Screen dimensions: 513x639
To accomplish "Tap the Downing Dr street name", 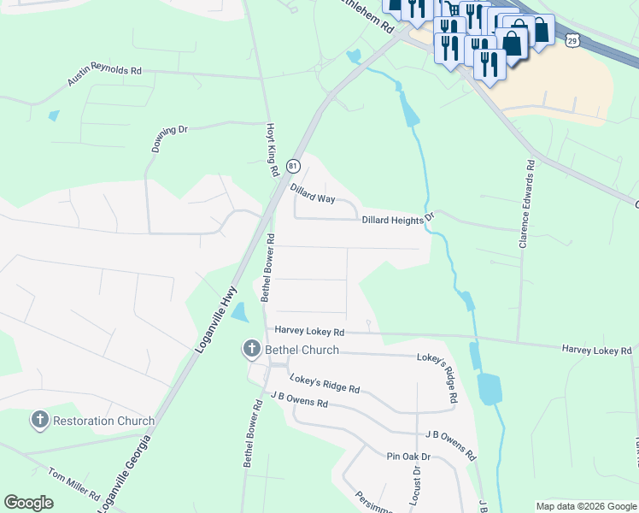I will [x=169, y=139].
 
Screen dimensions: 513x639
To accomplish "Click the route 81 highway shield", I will [x=293, y=165].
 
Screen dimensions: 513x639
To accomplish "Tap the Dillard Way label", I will [x=313, y=193].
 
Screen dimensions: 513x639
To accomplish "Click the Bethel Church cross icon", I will [x=251, y=349].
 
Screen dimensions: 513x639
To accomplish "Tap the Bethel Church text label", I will [x=301, y=350].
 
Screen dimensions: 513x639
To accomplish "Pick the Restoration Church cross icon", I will [x=39, y=420].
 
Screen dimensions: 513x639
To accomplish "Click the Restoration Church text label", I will [x=103, y=421].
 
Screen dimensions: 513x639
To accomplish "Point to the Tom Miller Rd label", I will [x=73, y=483].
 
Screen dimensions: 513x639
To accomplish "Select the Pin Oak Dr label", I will [x=407, y=457].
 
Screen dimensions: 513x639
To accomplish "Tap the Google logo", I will [x=28, y=502].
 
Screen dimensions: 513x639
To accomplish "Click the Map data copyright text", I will [x=585, y=506].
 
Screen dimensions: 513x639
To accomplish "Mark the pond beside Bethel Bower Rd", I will [x=240, y=313].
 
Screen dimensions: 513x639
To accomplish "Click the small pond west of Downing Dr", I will [x=54, y=115].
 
